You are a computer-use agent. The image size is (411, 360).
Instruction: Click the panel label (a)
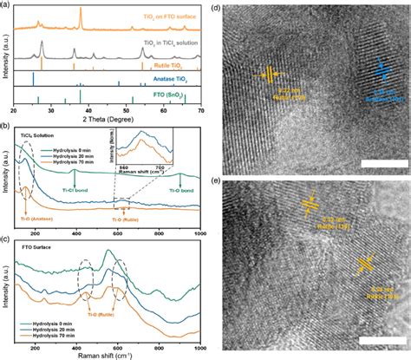coord(6,6)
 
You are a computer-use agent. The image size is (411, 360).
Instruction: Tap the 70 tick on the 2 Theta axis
coord(200,110)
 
